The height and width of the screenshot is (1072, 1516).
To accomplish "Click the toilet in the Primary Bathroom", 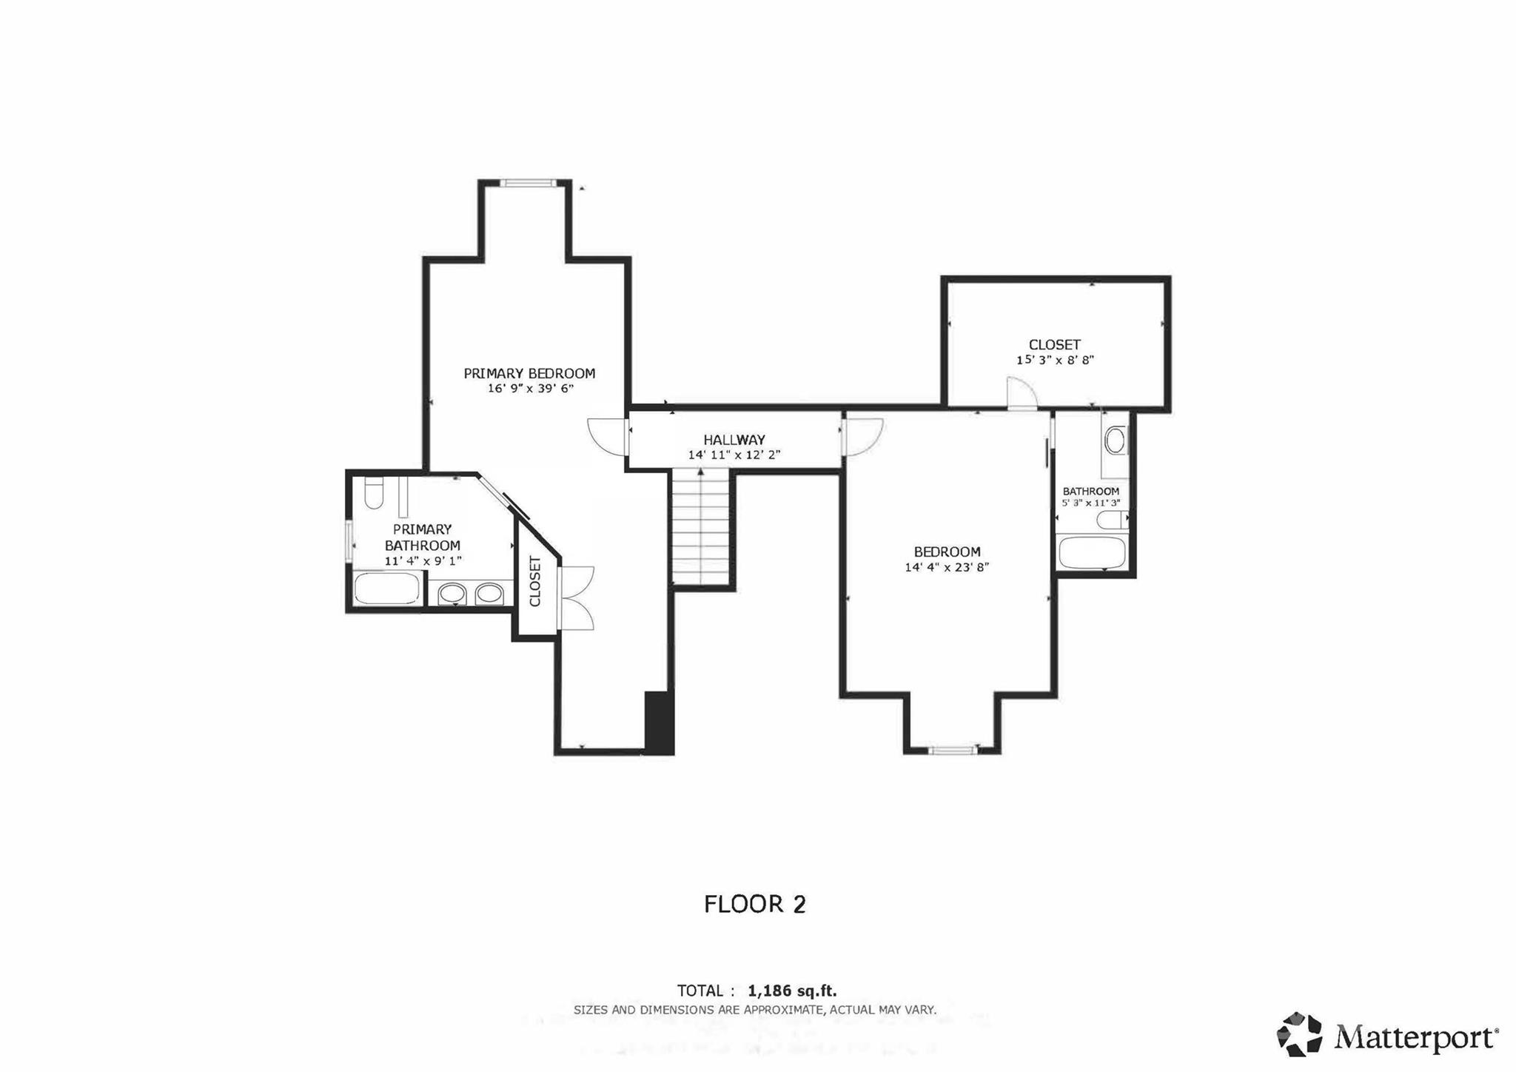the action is tap(374, 493).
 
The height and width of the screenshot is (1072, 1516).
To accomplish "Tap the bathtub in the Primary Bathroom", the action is tap(387, 589).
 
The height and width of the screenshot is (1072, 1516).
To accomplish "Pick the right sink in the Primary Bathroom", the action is tap(489, 593).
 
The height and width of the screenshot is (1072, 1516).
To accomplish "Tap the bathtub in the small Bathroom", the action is tap(1093, 553).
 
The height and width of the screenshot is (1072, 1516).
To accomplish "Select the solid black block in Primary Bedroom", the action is tap(658, 723).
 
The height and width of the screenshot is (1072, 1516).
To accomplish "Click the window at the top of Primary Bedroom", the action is tap(527, 183).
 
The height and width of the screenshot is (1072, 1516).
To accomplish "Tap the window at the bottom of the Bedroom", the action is tap(953, 751).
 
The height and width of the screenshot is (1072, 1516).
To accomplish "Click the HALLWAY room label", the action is tap(734, 440).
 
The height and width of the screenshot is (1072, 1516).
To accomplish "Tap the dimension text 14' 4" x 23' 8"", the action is tap(947, 568).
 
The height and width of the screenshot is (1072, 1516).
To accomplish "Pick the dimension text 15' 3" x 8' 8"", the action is tap(1055, 361).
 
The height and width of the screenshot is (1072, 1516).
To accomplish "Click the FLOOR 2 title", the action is tap(755, 904).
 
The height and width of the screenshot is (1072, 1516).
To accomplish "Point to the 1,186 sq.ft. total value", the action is tap(792, 991).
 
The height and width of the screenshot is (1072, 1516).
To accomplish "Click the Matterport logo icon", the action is tap(1299, 1034).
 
